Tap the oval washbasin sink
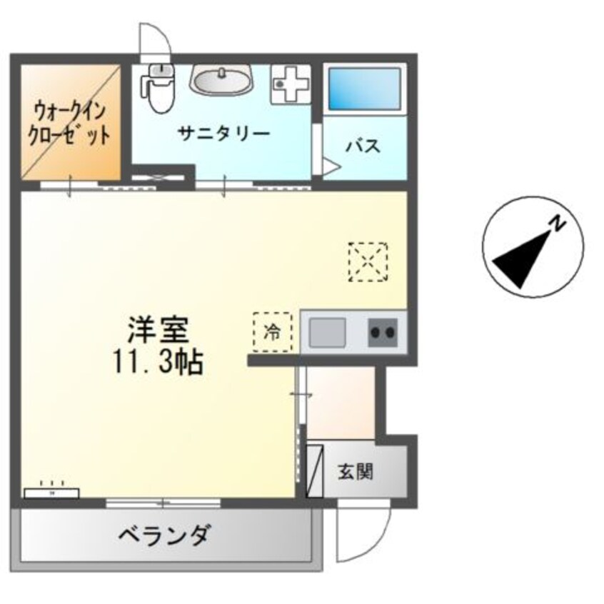tap(221, 81)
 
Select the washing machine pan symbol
tap(288, 84)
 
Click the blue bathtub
tap(364, 89)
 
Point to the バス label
tap(363, 146)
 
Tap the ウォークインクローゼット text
tap(69, 123)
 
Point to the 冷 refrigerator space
tap(273, 333)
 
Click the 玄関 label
tap(355, 471)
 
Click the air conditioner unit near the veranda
tap(52, 492)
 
